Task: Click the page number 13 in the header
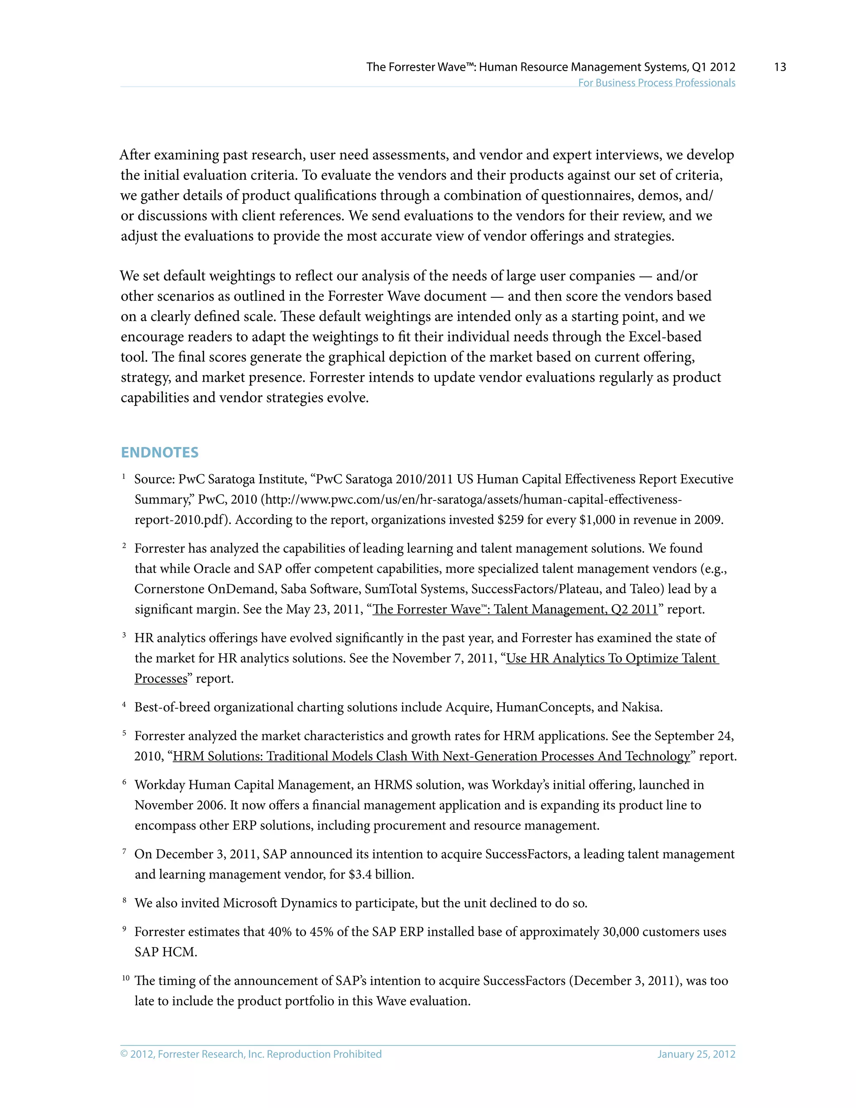780,67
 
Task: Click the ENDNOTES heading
159,452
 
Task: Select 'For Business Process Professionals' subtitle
656,83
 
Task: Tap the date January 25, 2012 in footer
696,1054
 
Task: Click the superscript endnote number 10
126,978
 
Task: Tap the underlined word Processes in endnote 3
161,678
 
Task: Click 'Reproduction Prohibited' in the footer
324,1054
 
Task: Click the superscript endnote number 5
124,733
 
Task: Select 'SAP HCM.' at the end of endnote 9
166,952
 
